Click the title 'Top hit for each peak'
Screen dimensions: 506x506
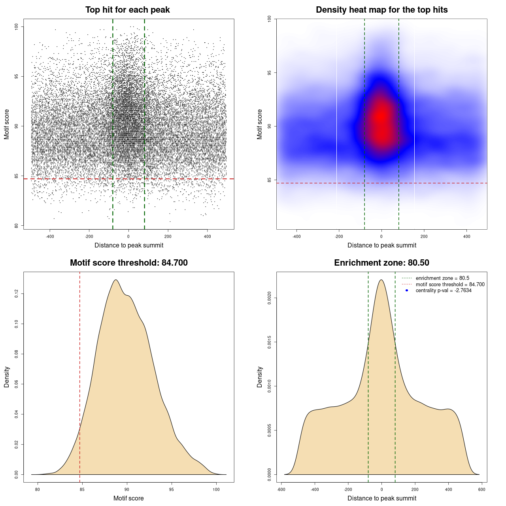127,10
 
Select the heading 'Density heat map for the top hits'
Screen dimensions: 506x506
381,10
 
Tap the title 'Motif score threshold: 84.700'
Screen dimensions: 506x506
128,263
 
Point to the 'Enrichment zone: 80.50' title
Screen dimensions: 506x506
381,263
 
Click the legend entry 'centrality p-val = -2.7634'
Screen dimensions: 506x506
444,291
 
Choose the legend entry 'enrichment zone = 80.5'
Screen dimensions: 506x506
442,278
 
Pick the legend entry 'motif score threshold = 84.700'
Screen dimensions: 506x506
450,285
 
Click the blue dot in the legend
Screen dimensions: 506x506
407,291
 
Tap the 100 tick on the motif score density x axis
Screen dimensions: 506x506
216,490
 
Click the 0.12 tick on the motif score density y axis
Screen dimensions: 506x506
16,294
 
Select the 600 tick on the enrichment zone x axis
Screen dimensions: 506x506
481,490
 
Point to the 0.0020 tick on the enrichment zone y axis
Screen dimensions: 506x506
269,298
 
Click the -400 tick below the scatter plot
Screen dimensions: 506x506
50,237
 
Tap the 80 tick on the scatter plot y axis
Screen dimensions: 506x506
16,226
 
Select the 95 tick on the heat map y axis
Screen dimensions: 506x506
269,73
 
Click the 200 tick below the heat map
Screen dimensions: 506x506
424,237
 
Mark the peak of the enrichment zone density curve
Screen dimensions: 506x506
381,280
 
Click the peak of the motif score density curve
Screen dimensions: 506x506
115,280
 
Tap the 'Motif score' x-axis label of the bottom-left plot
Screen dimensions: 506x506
128,498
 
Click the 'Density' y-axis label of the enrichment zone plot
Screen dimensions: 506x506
260,377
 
